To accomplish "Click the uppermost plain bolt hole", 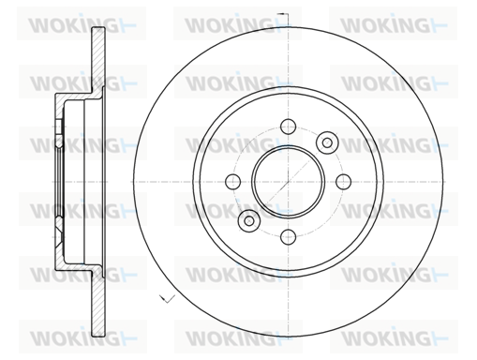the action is [288, 127].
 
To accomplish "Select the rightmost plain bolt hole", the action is [343, 182].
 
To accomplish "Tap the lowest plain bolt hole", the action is [288, 237].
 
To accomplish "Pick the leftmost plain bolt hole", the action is [233, 182].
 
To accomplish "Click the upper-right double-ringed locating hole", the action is [327, 142].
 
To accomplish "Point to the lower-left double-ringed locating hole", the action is [249, 220].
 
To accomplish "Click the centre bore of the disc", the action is [288, 182].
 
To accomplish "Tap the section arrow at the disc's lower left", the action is [167, 298].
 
